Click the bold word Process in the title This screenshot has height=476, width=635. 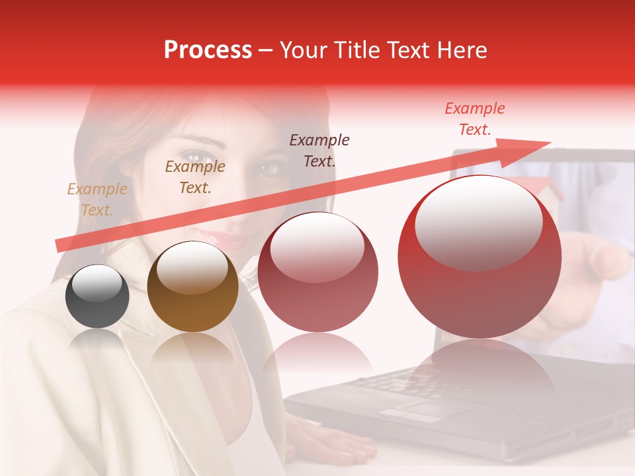click(x=208, y=50)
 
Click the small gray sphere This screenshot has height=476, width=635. click(x=97, y=297)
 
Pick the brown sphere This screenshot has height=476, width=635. click(x=192, y=286)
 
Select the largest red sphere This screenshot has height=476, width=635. click(x=480, y=257)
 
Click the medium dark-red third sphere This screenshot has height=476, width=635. click(x=318, y=272)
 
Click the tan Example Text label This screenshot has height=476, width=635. click(x=97, y=200)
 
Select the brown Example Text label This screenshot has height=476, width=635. click(x=195, y=177)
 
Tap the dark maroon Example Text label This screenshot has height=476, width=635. click(x=319, y=150)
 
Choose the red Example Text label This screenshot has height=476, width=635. click(x=475, y=119)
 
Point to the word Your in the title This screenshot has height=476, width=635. click(x=302, y=50)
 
